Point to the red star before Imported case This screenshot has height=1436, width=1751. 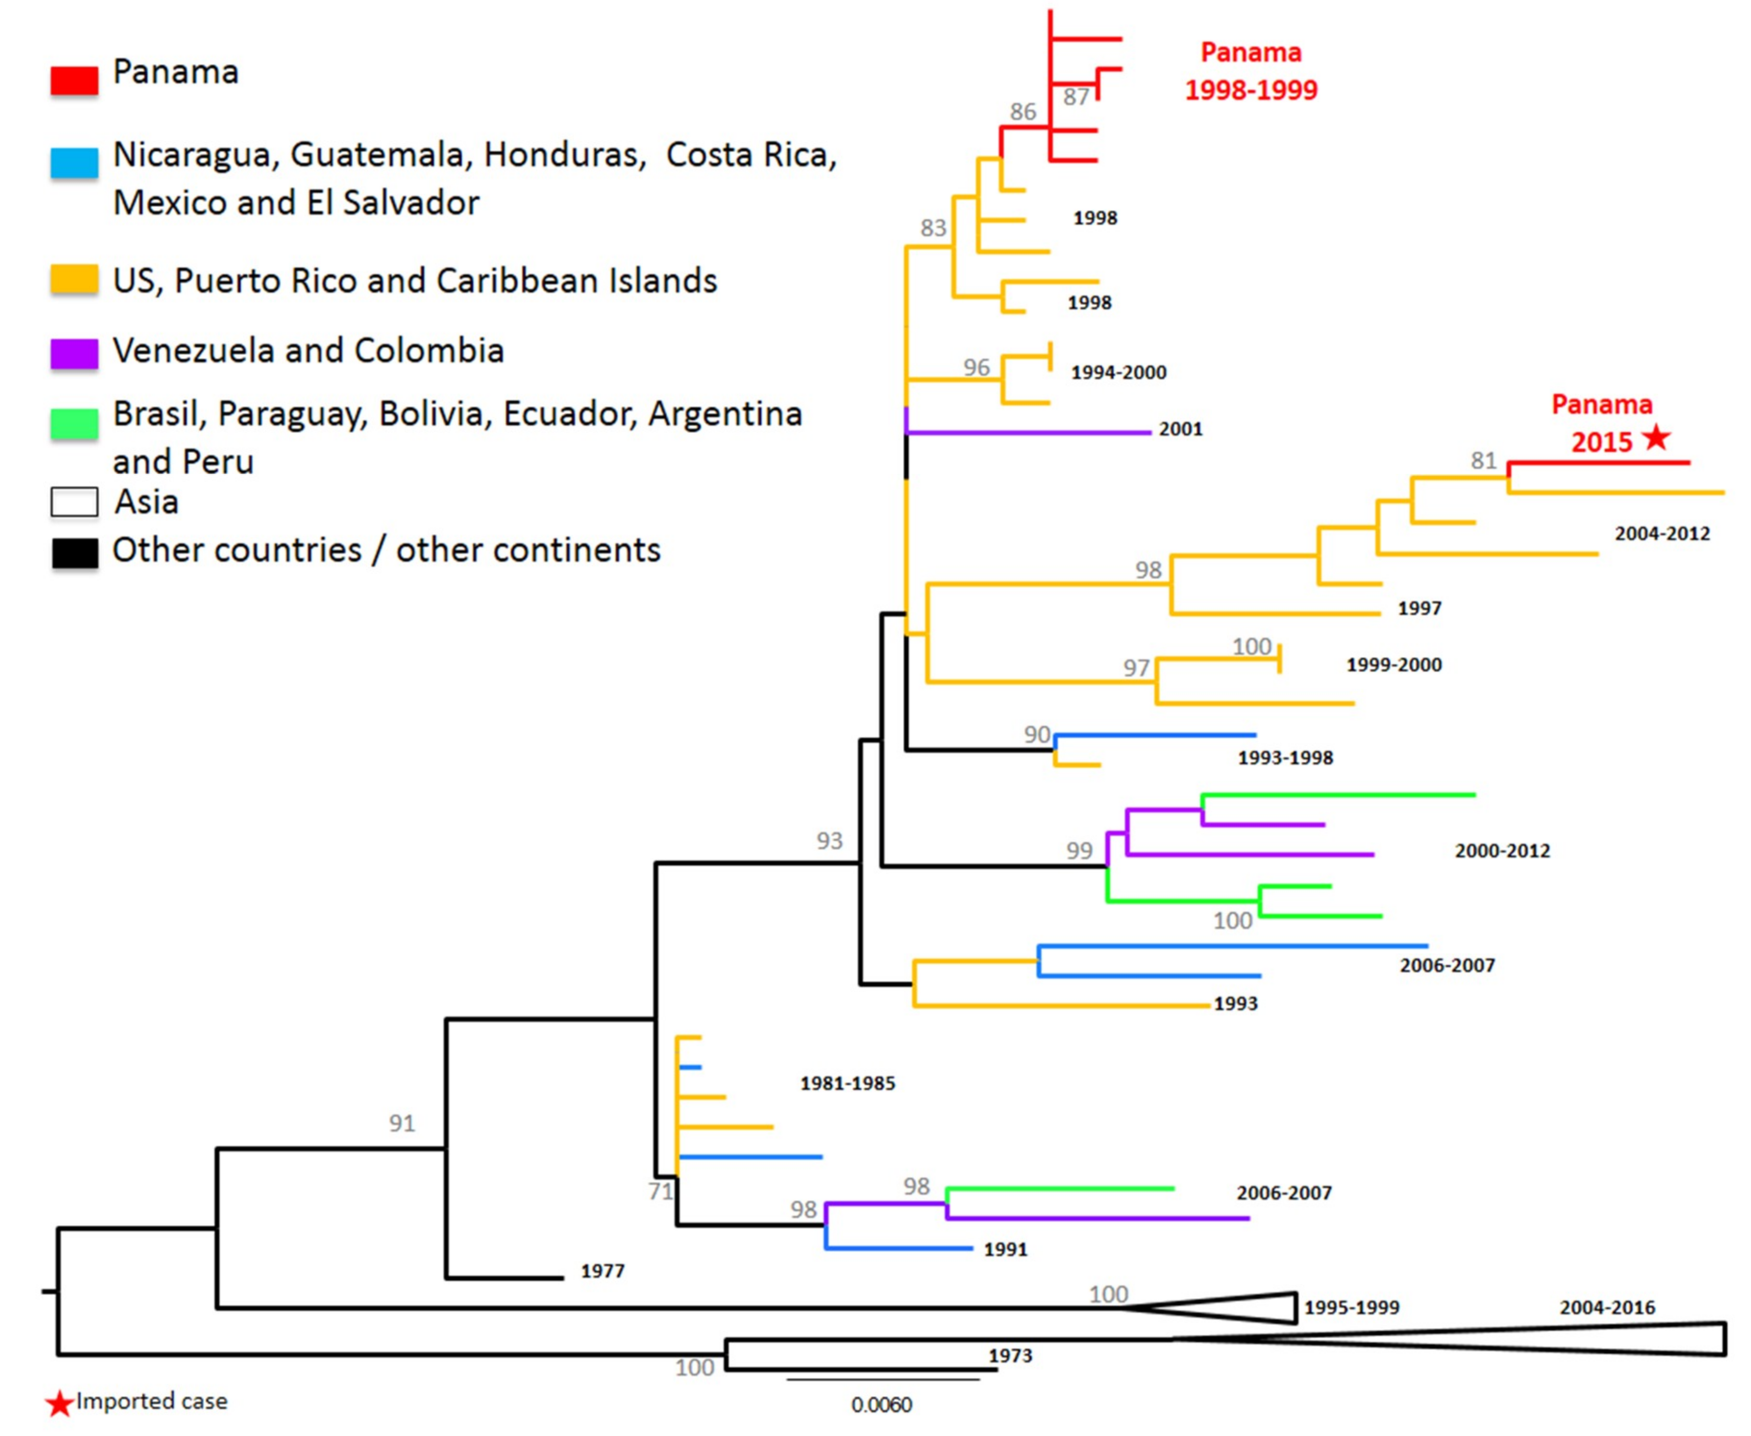point(59,1404)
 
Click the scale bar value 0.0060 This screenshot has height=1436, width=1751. point(882,1405)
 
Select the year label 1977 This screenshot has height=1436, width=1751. point(602,1271)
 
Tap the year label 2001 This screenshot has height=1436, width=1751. point(1180,429)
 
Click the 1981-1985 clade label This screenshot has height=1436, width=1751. point(847,1083)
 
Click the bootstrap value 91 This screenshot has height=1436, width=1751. point(402,1123)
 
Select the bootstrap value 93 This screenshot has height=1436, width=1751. point(829,841)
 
